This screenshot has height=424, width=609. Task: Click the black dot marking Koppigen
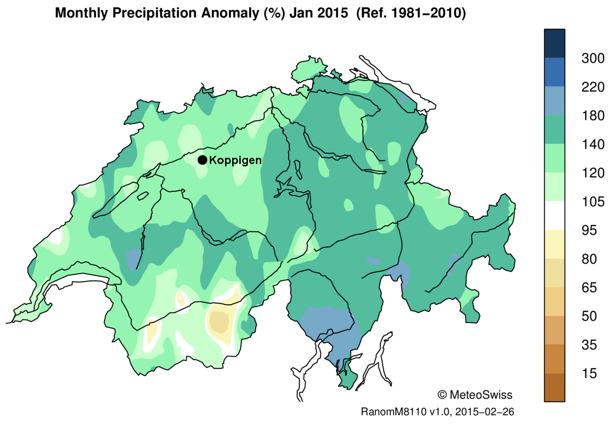(x=202, y=160)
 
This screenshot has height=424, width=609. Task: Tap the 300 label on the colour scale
(x=592, y=58)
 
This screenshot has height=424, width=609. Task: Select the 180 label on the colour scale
(x=592, y=116)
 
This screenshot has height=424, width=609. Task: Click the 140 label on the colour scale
(x=592, y=145)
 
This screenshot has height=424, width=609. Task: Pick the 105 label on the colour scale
(x=592, y=202)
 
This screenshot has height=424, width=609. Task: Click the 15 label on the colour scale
(x=589, y=374)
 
